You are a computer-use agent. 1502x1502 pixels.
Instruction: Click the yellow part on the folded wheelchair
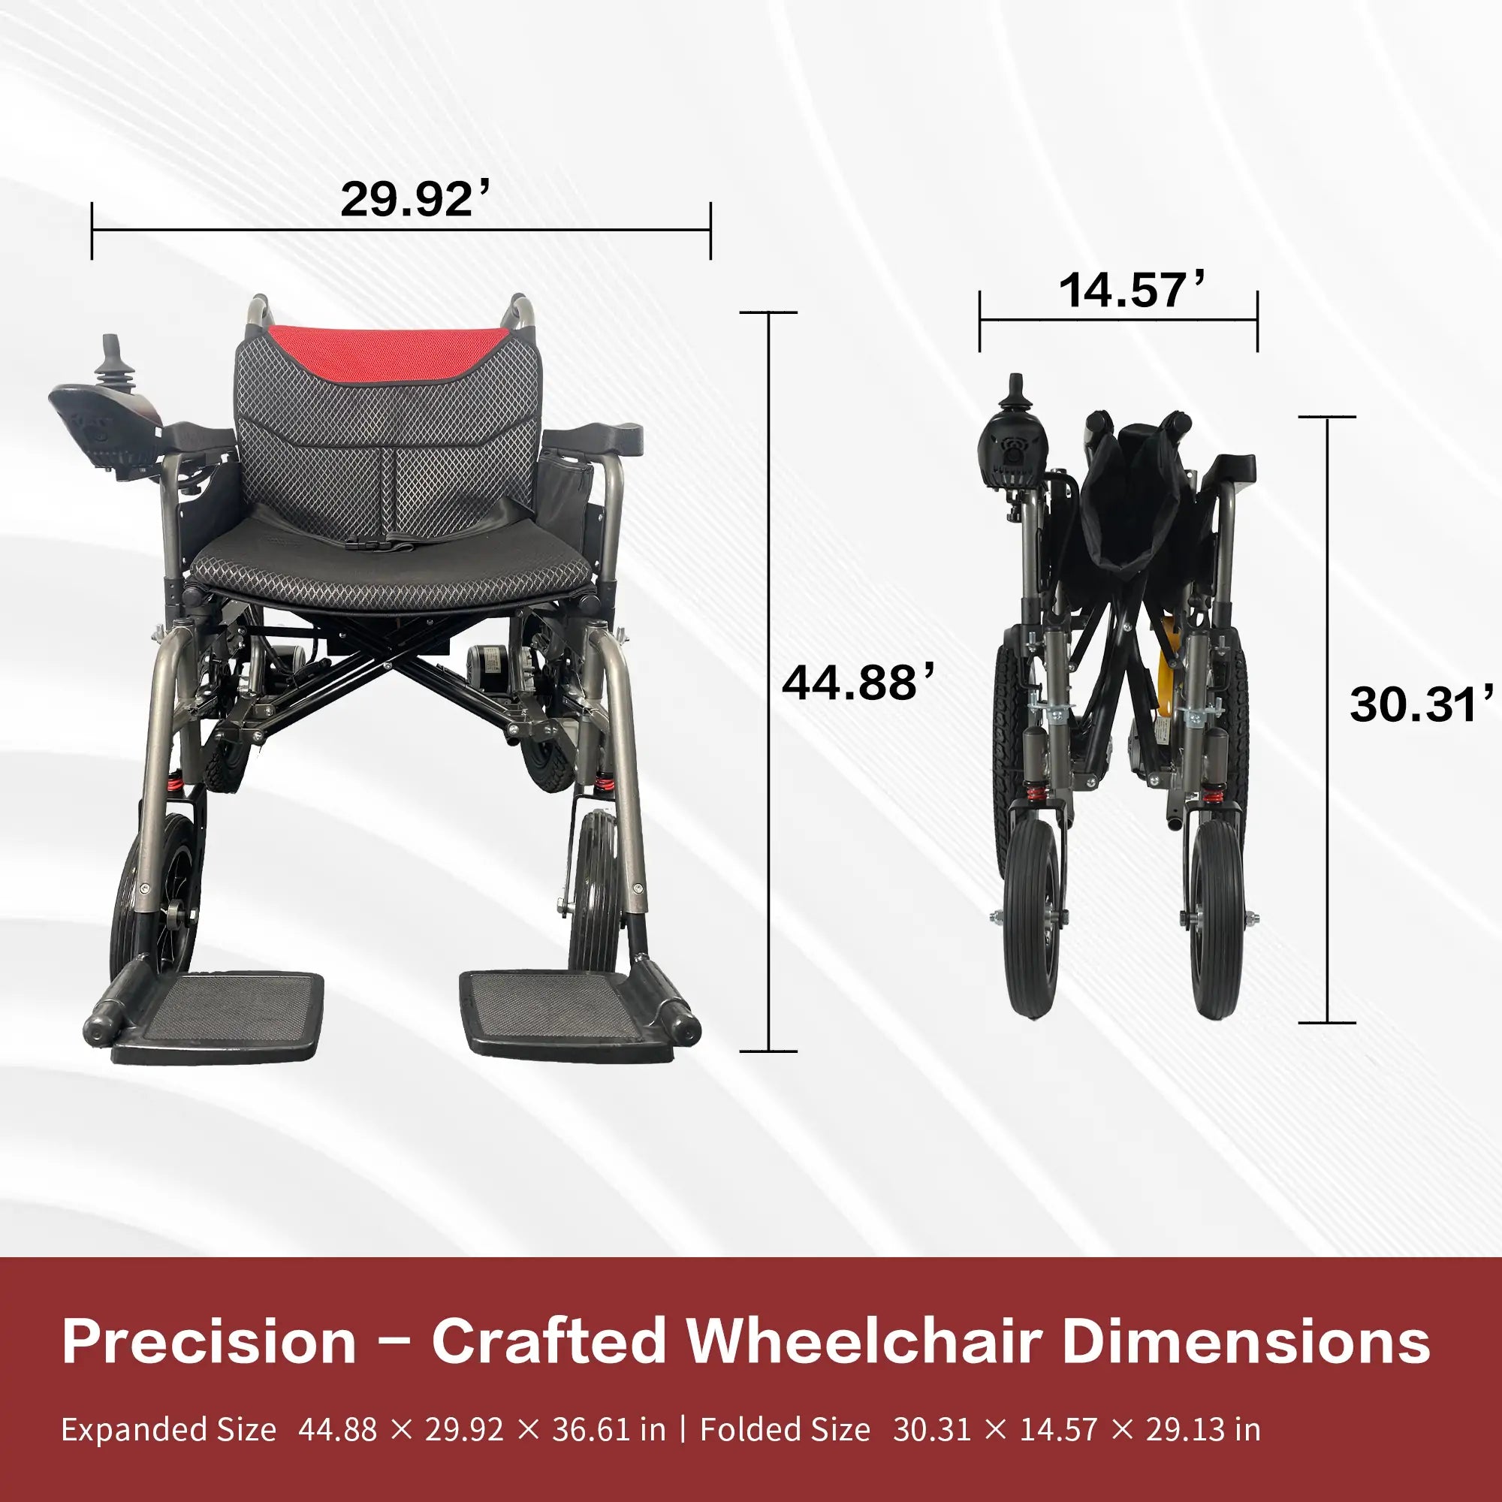click(1164, 684)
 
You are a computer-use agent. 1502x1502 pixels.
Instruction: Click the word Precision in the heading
click(208, 1341)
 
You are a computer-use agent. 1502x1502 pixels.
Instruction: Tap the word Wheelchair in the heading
click(863, 1341)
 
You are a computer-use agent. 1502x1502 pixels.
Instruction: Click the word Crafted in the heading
click(548, 1341)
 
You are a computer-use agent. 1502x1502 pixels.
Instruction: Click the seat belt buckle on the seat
click(386, 546)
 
